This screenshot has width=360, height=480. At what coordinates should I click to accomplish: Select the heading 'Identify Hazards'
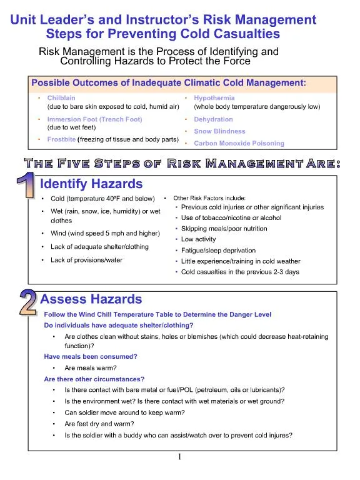point(91,184)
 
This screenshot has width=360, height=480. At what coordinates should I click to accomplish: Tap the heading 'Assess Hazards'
point(91,299)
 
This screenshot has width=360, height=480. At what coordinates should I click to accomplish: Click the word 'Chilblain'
point(62,98)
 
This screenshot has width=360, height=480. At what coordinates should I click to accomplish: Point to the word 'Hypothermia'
point(214,98)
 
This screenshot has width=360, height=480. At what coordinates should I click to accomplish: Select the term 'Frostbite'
point(61,139)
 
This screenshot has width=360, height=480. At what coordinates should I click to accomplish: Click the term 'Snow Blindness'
point(219,131)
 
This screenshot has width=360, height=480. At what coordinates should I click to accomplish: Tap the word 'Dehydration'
point(213,119)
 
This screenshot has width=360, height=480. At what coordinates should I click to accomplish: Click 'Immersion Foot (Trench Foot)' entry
point(94,119)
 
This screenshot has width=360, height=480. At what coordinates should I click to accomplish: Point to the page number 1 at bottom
point(179,457)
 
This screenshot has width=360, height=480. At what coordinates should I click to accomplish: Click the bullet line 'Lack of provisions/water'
point(86,260)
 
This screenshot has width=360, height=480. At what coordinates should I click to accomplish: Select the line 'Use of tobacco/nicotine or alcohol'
point(231,218)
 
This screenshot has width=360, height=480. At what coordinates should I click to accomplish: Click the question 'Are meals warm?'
point(91,367)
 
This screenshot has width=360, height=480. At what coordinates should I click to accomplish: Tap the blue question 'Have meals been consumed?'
point(91,356)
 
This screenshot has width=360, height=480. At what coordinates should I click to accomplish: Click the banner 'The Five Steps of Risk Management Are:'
point(180,164)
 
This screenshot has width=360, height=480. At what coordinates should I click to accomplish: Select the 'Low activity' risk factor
point(199,239)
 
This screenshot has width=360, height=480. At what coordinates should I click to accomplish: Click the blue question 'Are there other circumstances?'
point(94,379)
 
